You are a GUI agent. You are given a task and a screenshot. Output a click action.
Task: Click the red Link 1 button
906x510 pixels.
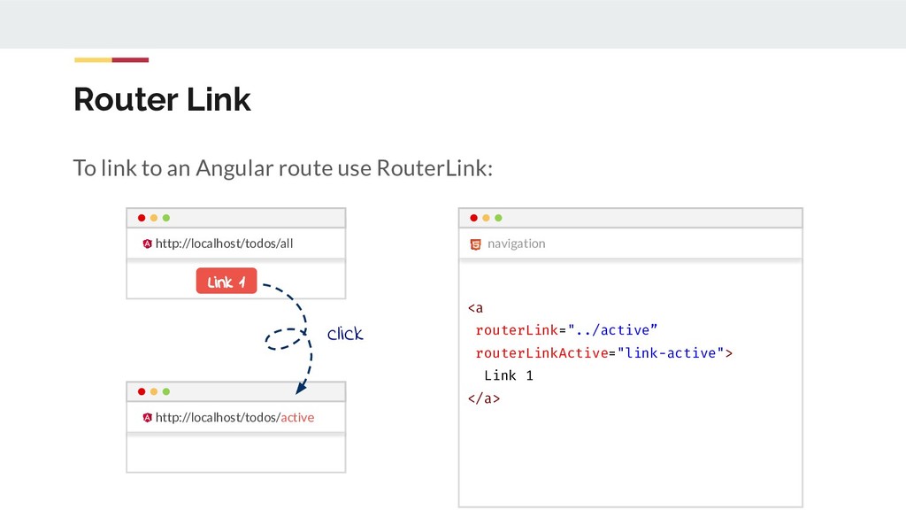(226, 282)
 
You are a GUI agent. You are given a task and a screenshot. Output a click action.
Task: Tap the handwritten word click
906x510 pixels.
(345, 334)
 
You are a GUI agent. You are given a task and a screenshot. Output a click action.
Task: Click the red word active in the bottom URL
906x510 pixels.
(297, 417)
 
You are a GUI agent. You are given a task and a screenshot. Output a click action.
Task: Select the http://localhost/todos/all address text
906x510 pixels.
(224, 243)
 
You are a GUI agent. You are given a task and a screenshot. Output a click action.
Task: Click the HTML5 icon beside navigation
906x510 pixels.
(475, 243)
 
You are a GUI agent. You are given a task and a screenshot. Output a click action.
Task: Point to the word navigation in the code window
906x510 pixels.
(516, 243)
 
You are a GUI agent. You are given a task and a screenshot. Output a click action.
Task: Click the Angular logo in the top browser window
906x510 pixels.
(147, 243)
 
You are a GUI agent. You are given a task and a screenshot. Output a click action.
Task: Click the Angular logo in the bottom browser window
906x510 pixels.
(147, 417)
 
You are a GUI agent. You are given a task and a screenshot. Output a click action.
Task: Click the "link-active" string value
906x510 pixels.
(671, 353)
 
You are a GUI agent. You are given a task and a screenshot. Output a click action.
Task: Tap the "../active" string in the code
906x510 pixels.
(612, 330)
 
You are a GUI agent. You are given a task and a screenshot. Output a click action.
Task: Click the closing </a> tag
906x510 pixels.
(484, 398)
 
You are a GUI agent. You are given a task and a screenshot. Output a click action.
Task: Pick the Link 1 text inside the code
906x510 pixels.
(509, 375)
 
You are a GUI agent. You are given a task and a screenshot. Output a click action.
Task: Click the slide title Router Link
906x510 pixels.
(162, 99)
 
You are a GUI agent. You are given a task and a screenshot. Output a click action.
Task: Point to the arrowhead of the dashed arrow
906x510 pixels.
(301, 387)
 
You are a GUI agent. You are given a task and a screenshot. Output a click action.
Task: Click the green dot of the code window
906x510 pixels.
(498, 218)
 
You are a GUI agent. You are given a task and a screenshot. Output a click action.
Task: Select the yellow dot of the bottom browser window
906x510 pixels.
(154, 391)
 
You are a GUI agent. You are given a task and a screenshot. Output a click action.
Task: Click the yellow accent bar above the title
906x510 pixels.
(92, 60)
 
